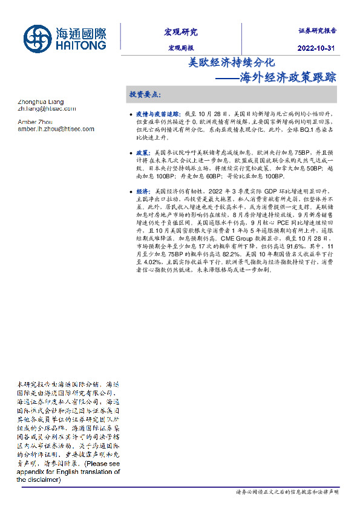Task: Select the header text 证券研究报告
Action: (318, 30)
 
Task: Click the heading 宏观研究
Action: (180, 32)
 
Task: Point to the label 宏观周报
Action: (180, 48)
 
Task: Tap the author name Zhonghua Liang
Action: (41, 102)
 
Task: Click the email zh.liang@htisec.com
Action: (47, 109)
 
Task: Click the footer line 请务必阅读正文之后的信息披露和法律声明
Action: (287, 493)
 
